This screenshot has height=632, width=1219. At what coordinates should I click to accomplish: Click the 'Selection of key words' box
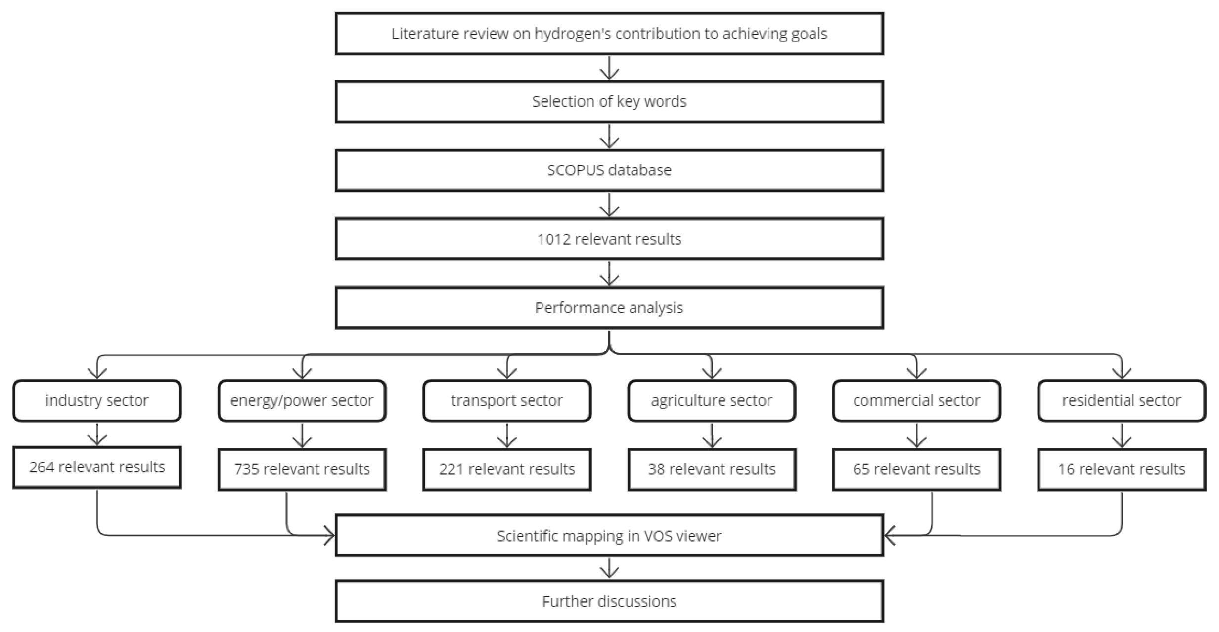(x=609, y=102)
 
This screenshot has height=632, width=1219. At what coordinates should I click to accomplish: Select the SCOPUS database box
(x=609, y=170)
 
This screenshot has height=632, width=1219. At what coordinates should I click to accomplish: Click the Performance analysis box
(x=609, y=308)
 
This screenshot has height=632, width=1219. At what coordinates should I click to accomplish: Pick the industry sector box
(x=97, y=401)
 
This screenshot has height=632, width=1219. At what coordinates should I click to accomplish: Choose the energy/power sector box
(x=302, y=401)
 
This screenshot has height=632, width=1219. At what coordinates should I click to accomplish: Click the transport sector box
(x=506, y=401)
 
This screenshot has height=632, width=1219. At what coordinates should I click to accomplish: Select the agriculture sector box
(x=711, y=401)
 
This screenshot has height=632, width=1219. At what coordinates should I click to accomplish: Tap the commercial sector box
(x=916, y=401)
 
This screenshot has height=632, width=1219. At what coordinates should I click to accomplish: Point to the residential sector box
(x=1121, y=401)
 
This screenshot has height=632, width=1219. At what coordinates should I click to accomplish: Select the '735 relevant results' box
(x=302, y=469)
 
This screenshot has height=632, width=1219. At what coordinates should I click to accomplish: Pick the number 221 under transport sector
(x=451, y=469)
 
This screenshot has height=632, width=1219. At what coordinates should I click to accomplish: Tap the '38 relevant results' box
(x=711, y=469)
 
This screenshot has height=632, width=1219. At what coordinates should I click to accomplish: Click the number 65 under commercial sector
(x=861, y=469)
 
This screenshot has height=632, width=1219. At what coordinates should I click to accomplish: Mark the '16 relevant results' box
(x=1121, y=469)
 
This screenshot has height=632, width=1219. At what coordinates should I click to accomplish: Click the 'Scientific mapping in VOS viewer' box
(x=609, y=536)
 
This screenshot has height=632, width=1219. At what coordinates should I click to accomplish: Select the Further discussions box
(x=609, y=602)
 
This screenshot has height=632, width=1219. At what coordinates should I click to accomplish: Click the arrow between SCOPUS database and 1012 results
(x=609, y=205)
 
